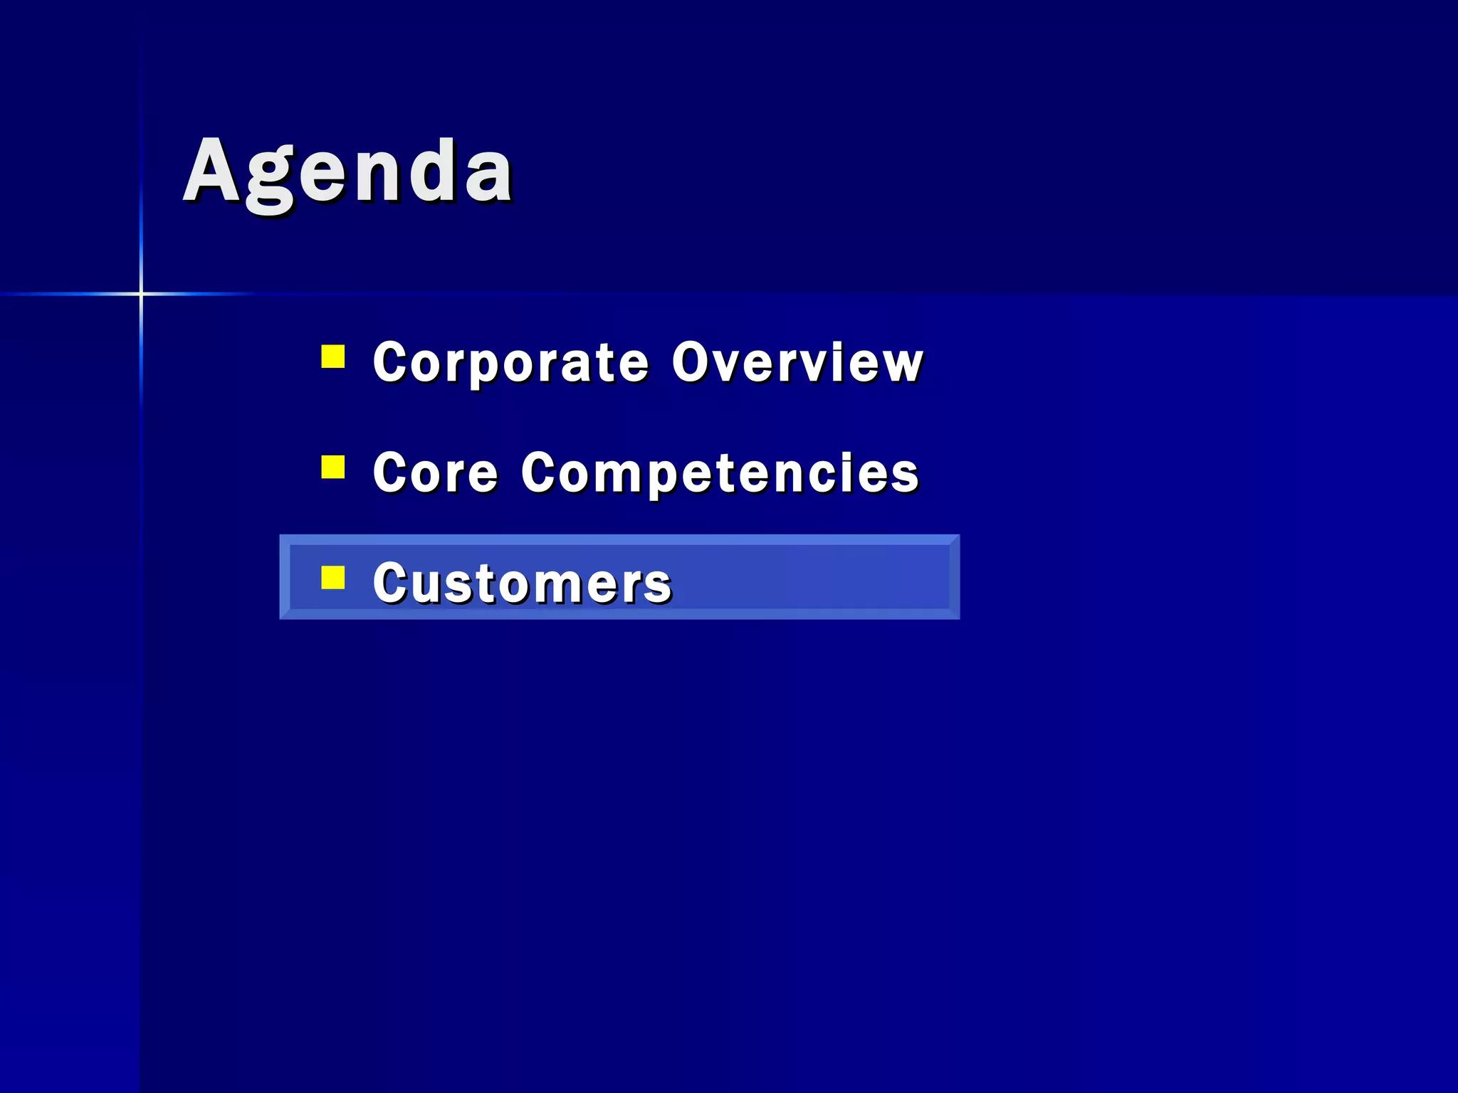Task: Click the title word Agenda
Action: pyautogui.click(x=348, y=173)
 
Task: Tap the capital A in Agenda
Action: pyautogui.click(x=211, y=171)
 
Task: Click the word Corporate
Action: pyautogui.click(x=510, y=363)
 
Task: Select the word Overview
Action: pyautogui.click(x=797, y=363)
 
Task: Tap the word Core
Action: pyautogui.click(x=435, y=473)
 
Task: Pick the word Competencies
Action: pyautogui.click(x=720, y=473)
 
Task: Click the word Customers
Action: pyautogui.click(x=522, y=584)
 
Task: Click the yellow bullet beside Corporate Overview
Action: pyautogui.click(x=333, y=357)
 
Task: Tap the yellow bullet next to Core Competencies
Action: pyautogui.click(x=333, y=468)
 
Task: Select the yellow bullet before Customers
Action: pyautogui.click(x=333, y=578)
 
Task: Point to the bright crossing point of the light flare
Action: pyautogui.click(x=141, y=293)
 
